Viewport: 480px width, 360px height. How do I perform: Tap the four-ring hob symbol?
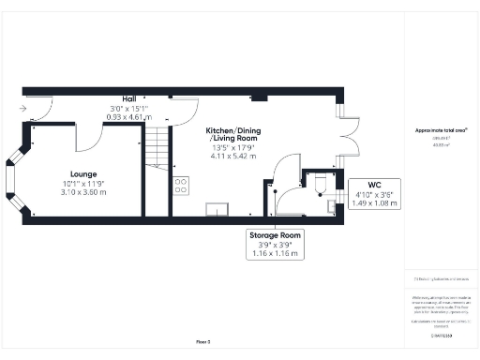[179, 186]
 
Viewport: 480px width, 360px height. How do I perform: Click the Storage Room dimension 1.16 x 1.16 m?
[274, 253]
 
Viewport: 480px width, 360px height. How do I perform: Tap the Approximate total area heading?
[441, 129]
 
